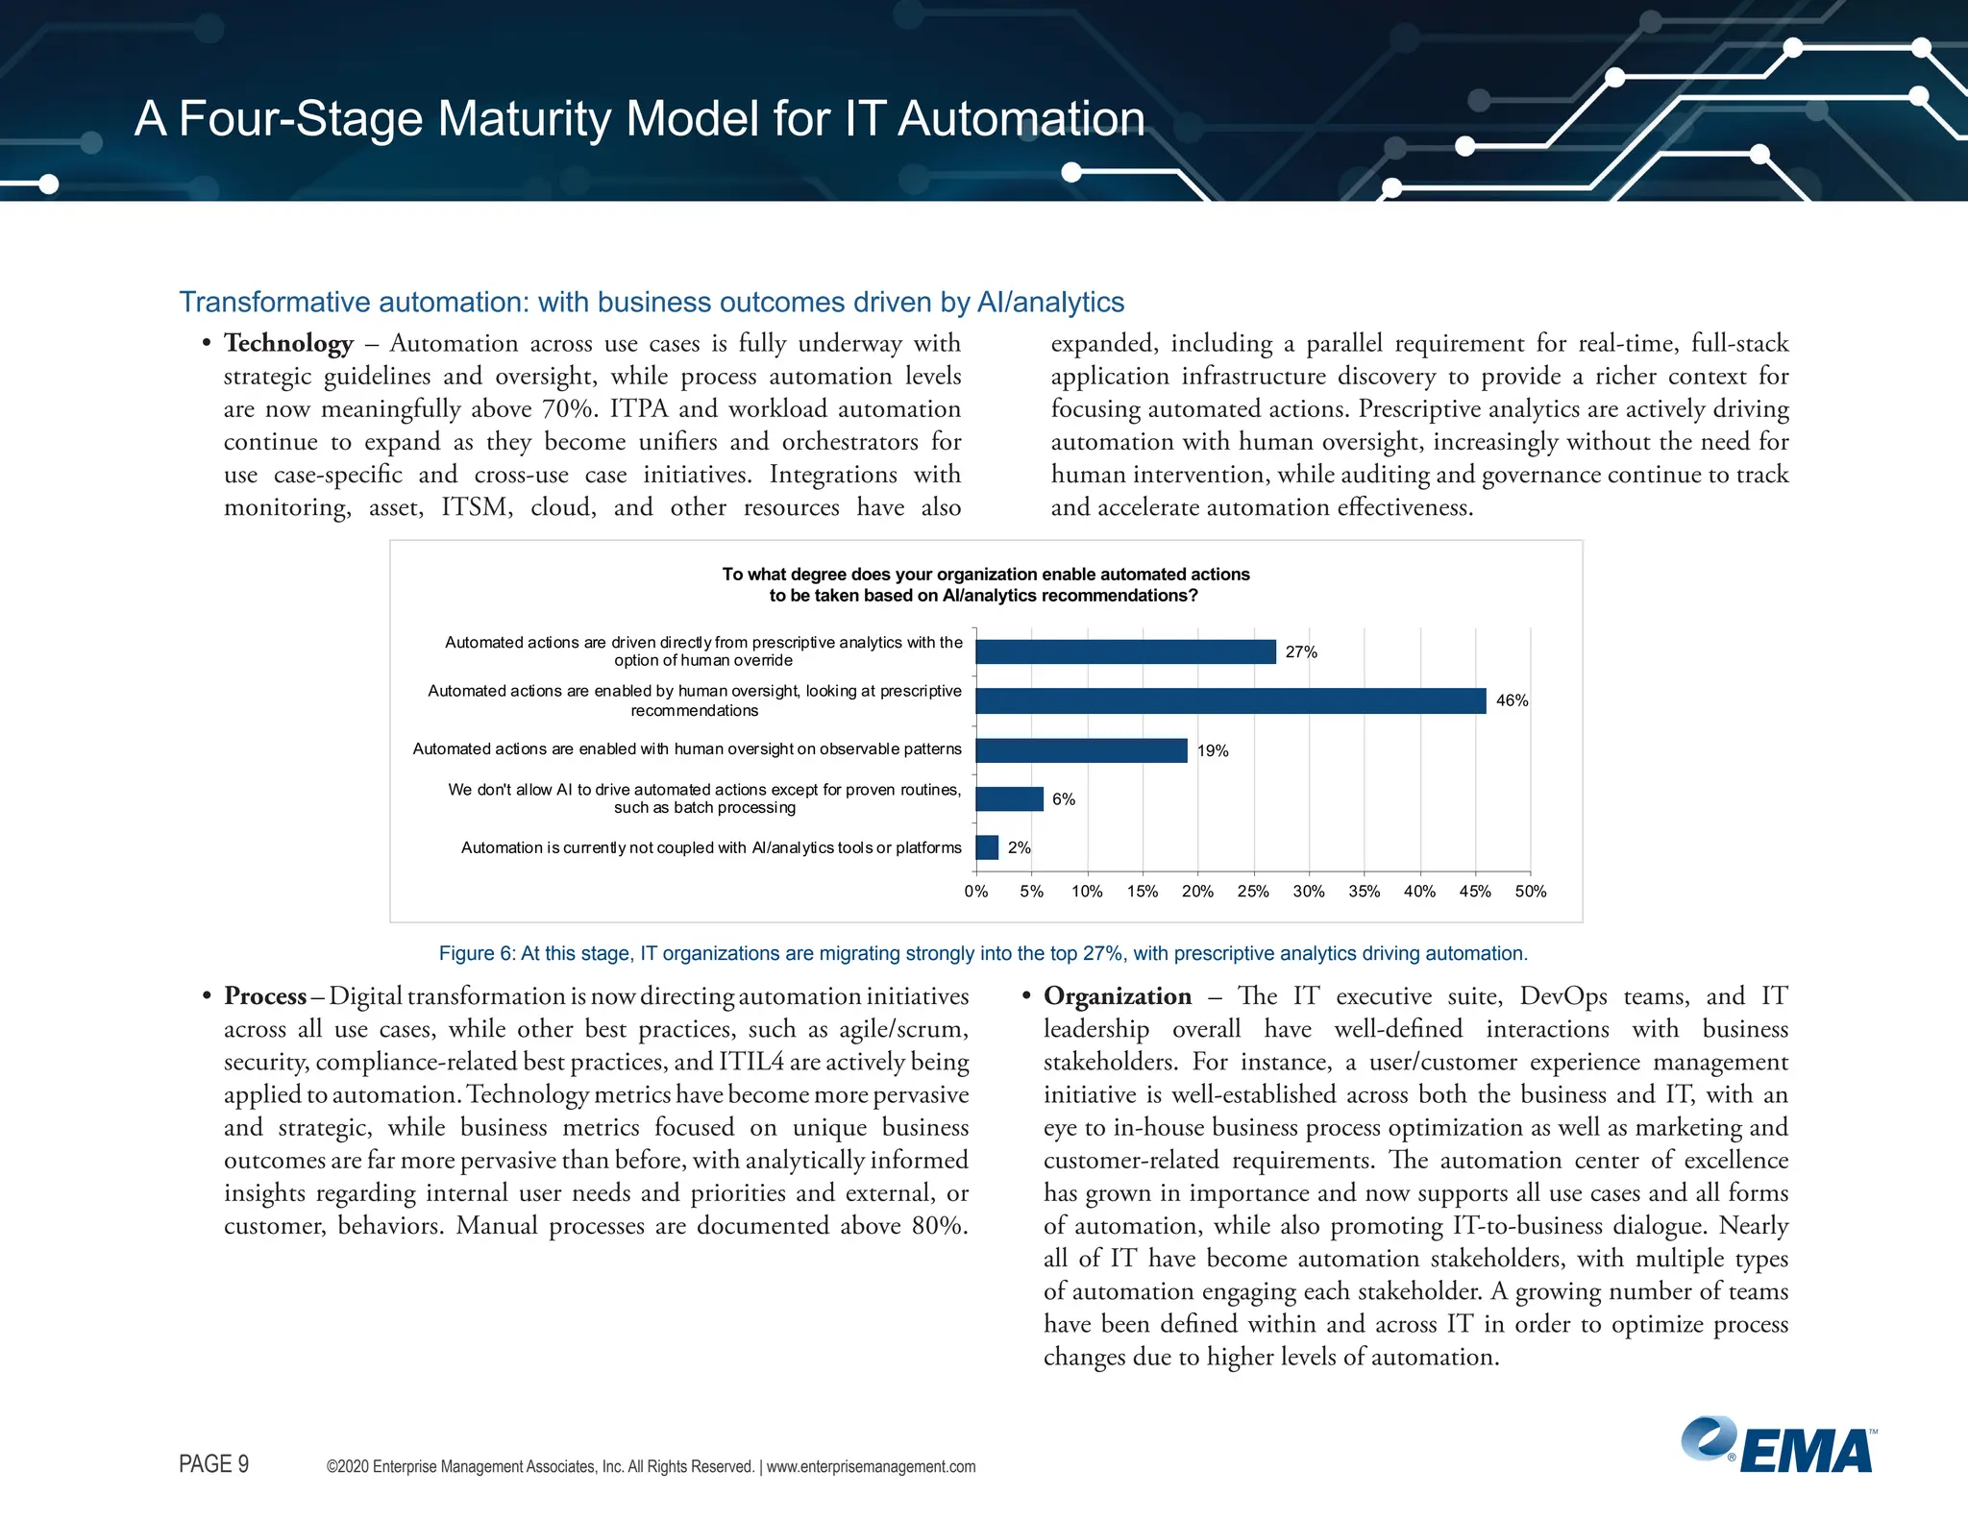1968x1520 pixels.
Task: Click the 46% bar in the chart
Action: (1230, 700)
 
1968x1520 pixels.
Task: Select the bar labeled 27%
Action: (1125, 651)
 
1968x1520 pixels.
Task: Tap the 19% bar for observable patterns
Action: (1081, 750)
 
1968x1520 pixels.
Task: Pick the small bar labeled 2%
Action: (987, 847)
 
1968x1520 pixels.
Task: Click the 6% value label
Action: (1063, 799)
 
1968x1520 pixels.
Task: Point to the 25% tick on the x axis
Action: (1253, 892)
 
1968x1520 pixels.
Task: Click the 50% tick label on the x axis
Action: (1530, 892)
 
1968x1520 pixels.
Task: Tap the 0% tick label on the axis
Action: (976, 892)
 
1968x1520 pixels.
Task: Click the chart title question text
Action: (985, 584)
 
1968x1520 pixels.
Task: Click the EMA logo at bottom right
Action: (1778, 1446)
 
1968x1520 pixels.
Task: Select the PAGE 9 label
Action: (213, 1464)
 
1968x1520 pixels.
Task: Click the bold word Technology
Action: (288, 343)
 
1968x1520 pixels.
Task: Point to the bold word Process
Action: (265, 996)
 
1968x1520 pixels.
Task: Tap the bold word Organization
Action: (1117, 996)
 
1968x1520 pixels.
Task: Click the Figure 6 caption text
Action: (982, 953)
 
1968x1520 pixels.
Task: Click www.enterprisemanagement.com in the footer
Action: (871, 1466)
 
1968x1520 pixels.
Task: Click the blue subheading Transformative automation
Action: (651, 302)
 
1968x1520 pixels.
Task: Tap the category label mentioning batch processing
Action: (704, 798)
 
